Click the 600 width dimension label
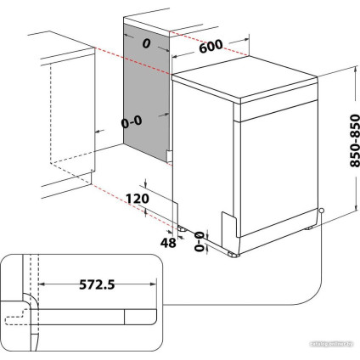(211, 49)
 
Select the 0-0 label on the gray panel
(132, 121)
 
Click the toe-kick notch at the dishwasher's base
(228, 222)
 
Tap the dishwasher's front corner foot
(233, 251)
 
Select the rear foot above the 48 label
(182, 228)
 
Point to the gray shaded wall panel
(147, 93)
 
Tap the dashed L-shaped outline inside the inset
(15, 319)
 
